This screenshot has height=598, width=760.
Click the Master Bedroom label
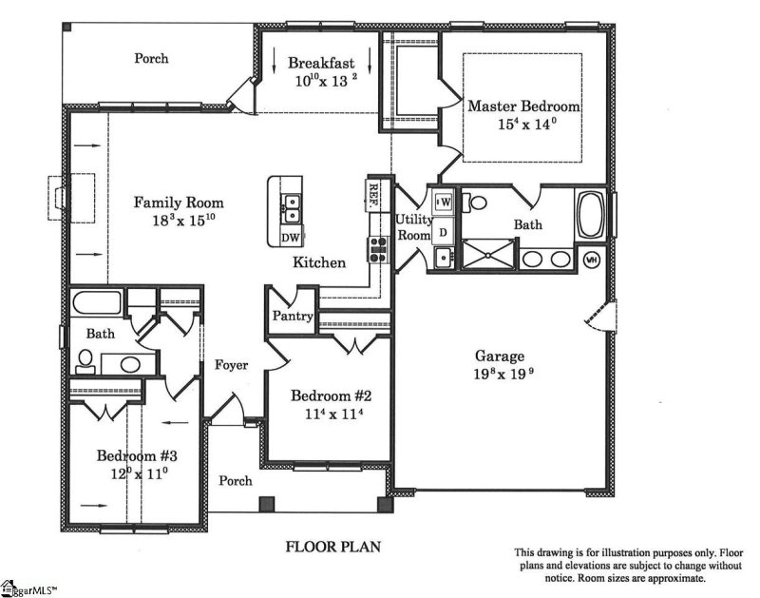tap(523, 106)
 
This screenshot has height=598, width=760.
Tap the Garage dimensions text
tap(499, 374)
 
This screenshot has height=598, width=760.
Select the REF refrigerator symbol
tap(373, 194)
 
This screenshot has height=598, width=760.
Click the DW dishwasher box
tap(291, 237)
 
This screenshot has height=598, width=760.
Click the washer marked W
tap(444, 202)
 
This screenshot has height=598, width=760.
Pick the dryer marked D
tap(443, 230)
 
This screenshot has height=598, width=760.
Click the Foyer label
tap(231, 364)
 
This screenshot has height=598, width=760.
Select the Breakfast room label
tap(321, 64)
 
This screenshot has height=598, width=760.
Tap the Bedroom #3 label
tap(137, 455)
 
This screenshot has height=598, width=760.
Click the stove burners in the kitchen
tap(376, 248)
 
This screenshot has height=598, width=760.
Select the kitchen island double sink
tap(291, 202)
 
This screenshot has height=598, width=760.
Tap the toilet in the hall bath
tap(85, 359)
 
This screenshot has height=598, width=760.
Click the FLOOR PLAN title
tap(328, 548)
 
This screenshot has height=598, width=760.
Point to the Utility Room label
tap(413, 226)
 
